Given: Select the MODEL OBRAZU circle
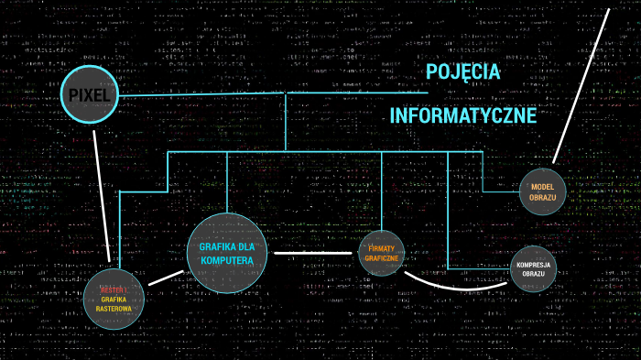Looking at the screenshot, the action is (x=543, y=192).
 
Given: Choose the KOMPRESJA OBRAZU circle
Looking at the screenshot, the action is (x=533, y=269).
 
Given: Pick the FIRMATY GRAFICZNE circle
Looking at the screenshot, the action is (x=382, y=254).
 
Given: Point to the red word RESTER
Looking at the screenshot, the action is (x=113, y=289).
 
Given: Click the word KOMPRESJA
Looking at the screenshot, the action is (x=533, y=265).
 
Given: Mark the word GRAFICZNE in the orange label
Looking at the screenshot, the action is (x=382, y=259).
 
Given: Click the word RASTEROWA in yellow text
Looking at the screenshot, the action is (x=114, y=309).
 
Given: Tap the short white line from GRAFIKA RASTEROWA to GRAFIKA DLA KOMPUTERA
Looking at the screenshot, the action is (x=167, y=276).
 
